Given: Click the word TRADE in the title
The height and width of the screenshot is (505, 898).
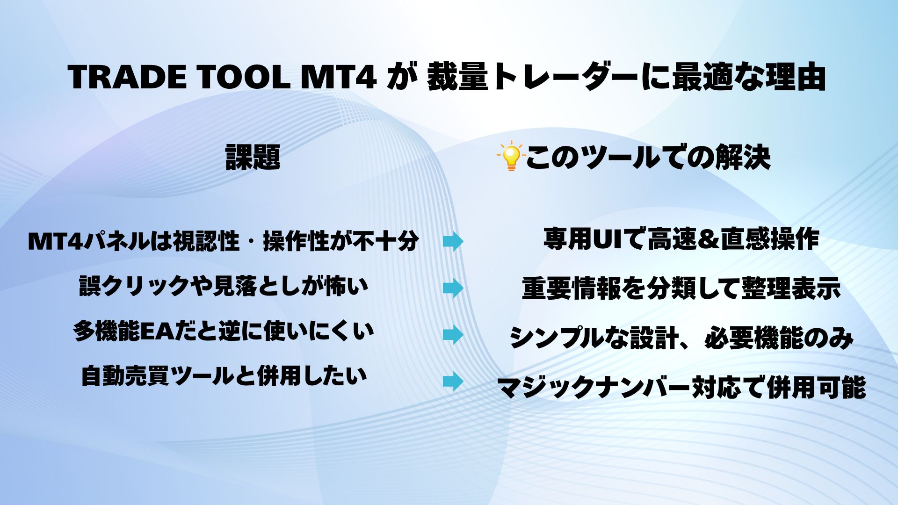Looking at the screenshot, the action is pos(127,77).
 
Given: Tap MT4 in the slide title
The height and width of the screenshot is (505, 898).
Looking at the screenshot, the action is pos(338,77).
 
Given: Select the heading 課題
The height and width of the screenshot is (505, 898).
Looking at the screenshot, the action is pos(253,157).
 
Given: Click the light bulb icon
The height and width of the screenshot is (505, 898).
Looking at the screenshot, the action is pos(511,156).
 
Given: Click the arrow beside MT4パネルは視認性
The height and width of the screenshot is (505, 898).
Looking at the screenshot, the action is pos(453,242).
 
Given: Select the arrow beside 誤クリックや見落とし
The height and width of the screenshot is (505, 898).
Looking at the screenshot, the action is pos(453,288).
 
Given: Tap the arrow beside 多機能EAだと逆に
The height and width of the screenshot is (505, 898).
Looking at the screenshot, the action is pos(453,335).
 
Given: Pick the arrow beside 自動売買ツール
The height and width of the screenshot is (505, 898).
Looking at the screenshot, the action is pos(453,382).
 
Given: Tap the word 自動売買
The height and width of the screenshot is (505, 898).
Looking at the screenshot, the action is pos(125,376).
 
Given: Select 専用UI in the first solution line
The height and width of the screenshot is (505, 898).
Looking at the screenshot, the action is pos(582,239).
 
